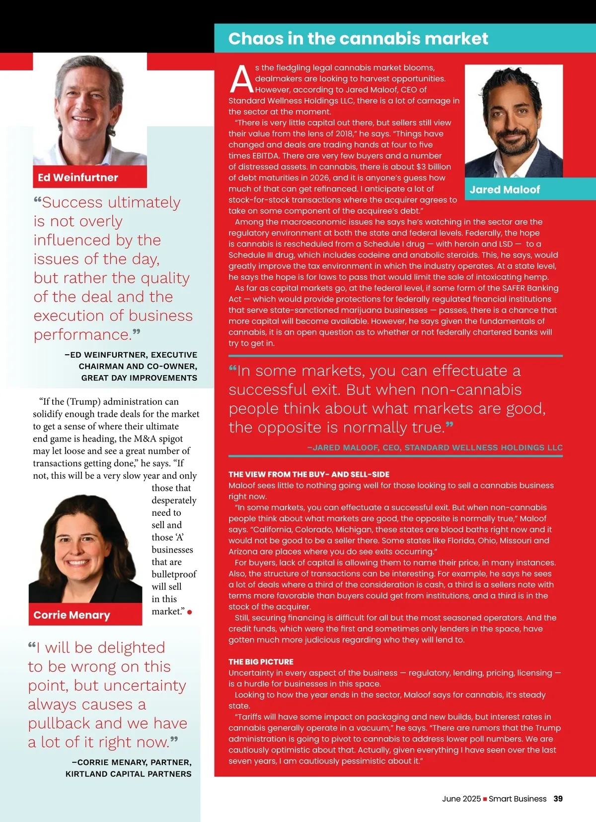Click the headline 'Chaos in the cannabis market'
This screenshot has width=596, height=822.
pos(358,39)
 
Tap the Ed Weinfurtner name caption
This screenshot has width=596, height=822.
pos(78,178)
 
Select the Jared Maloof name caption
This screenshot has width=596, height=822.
pos(505,190)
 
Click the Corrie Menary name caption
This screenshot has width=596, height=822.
pos(72,615)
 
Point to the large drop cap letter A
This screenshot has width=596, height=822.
pos(241,80)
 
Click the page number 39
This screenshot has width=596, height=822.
pos(558,799)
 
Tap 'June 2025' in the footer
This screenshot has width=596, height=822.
pos(461,799)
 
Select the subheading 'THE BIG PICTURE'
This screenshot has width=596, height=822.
pos(261,662)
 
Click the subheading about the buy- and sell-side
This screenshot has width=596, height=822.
pos(308,474)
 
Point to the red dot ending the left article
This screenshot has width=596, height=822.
pos(190,612)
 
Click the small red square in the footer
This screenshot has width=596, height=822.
pos(485,799)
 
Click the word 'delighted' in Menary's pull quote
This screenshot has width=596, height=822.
pos(131,648)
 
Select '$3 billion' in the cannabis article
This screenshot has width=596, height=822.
pos(434,167)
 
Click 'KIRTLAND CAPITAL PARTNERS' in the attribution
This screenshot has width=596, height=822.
pos(128,774)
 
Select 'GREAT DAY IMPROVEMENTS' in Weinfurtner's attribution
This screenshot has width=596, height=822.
pos(139,378)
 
